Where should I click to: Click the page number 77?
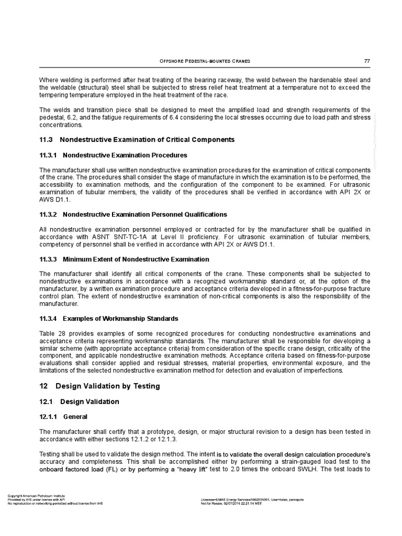367,61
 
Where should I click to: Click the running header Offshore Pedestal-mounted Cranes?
205,61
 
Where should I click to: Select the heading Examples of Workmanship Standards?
120,318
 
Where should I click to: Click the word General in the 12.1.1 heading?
74,418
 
